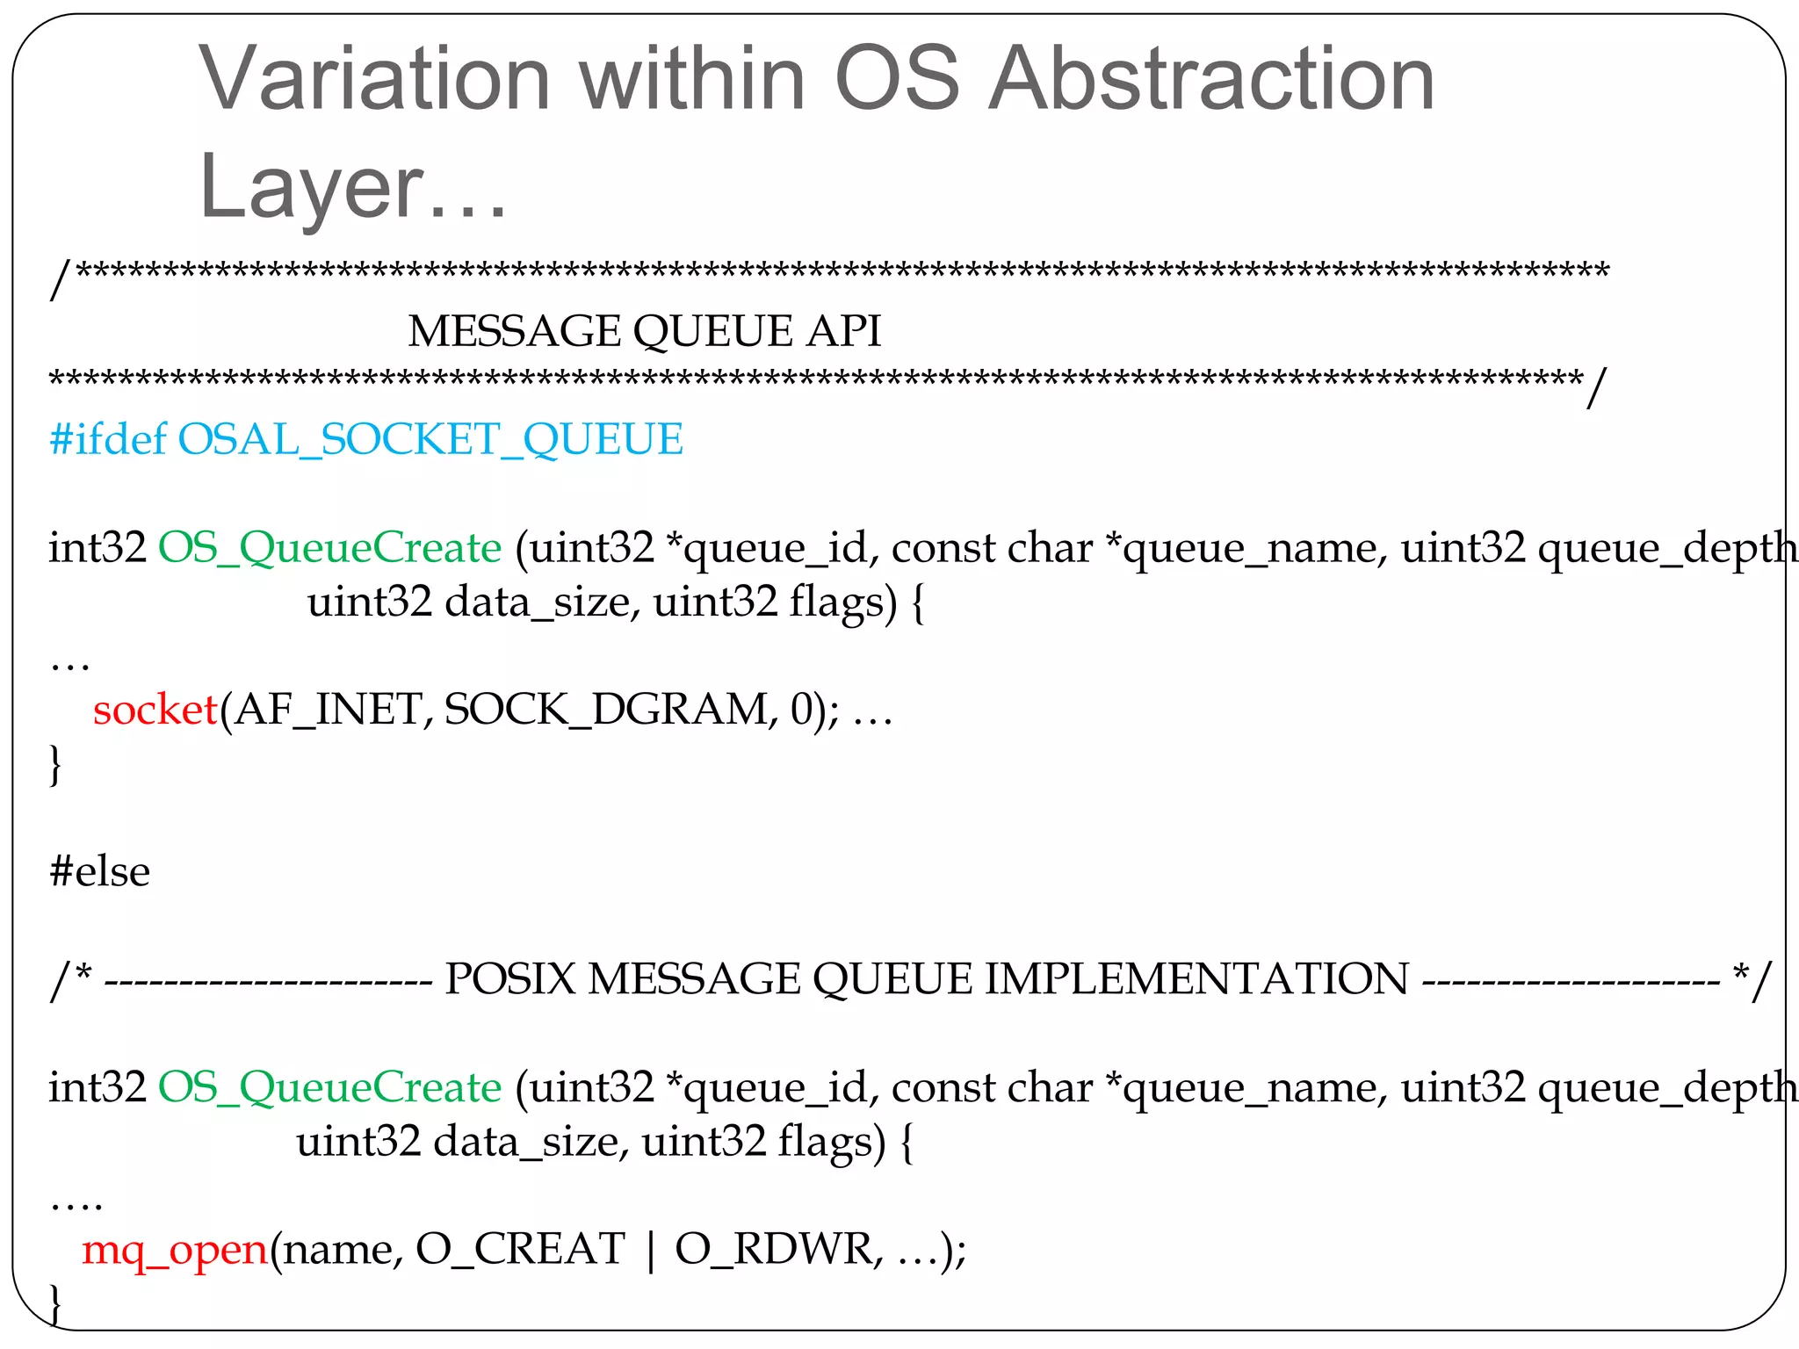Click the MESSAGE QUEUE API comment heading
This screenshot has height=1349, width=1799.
click(x=644, y=331)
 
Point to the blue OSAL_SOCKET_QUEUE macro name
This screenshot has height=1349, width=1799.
click(x=430, y=438)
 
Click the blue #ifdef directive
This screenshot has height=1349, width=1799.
click(x=107, y=438)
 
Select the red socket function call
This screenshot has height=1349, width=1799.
click(x=155, y=709)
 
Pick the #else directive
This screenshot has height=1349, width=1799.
click(x=99, y=871)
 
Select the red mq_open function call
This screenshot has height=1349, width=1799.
click(x=174, y=1249)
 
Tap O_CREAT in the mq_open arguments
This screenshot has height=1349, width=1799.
click(x=520, y=1249)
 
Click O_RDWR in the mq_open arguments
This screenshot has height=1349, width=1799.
click(x=778, y=1249)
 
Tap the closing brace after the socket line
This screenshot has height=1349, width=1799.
click(x=55, y=764)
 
